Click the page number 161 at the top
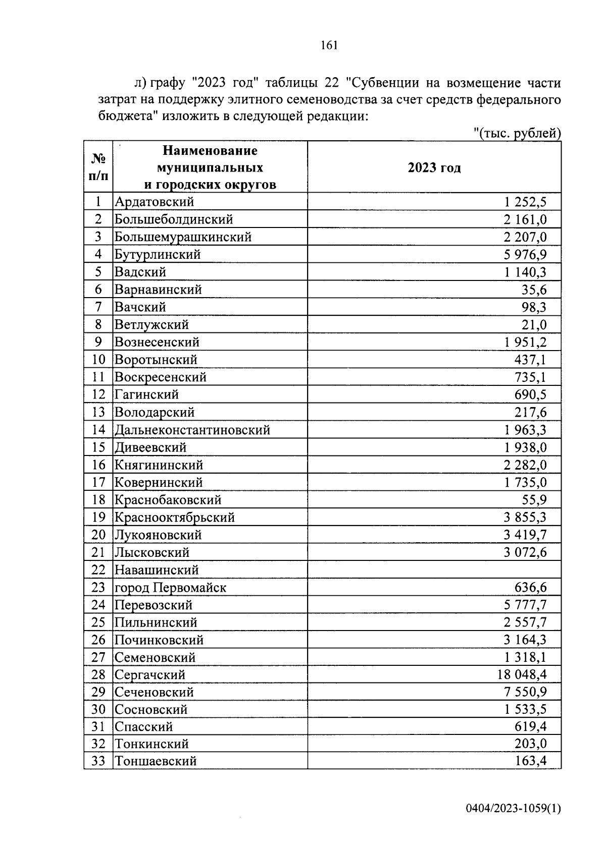(329, 45)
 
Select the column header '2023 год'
(434, 167)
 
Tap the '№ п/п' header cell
(98, 167)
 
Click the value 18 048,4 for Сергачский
(522, 674)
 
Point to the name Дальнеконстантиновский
(192, 430)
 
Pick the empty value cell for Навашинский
(434, 569)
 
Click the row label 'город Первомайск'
(171, 587)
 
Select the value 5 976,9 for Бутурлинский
(525, 254)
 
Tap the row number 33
(98, 761)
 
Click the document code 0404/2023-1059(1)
(513, 808)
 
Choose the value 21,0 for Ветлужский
(534, 324)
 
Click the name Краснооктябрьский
(175, 517)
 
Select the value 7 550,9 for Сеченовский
(525, 692)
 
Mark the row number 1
(98, 202)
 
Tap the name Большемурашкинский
(183, 237)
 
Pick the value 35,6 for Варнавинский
(534, 290)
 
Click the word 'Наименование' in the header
(210, 150)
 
